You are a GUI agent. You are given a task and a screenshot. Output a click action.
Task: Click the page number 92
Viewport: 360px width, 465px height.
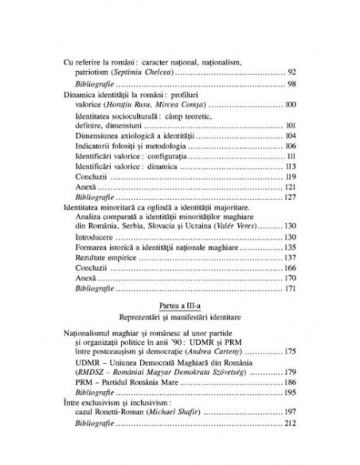pos(292,72)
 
